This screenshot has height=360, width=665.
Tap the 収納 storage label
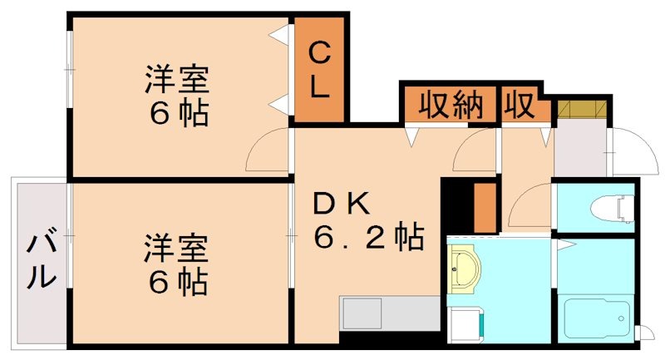[x=451, y=105]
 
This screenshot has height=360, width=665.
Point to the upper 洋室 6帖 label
[x=177, y=95]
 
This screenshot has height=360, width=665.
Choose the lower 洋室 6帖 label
[x=177, y=264]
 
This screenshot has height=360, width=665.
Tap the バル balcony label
[x=39, y=262]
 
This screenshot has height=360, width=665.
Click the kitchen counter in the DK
[x=389, y=316]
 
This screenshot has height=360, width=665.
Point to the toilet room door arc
[x=532, y=204]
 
